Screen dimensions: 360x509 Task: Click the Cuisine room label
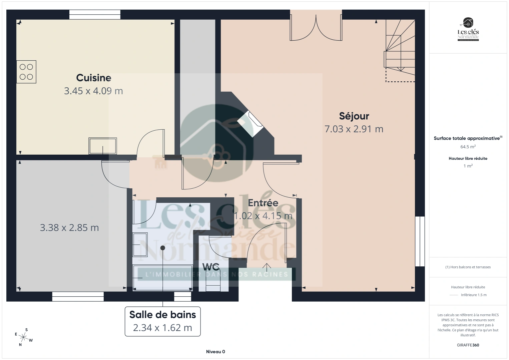93,78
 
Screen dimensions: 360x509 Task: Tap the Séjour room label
354,116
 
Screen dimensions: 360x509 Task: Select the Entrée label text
263,203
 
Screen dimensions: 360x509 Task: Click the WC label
211,267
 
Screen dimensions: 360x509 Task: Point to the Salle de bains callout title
162,315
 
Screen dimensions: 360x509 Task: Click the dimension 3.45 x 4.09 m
93,91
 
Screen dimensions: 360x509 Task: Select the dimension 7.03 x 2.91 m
354,129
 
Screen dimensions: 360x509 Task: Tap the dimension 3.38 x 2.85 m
69,228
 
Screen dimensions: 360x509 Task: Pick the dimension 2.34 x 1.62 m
162,328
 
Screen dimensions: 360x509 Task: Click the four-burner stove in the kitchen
26,72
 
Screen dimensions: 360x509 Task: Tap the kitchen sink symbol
102,146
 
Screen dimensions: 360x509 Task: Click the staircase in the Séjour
400,50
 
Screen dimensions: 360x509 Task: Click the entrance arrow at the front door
267,267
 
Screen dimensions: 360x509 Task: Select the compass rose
24,337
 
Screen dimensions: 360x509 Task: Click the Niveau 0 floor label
215,352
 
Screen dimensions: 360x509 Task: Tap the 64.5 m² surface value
468,147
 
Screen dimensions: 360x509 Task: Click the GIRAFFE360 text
468,345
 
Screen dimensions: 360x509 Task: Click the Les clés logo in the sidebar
468,30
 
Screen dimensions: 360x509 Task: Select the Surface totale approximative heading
467,138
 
